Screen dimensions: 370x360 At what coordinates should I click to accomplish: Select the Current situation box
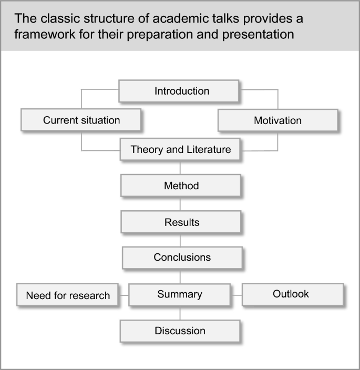(81, 120)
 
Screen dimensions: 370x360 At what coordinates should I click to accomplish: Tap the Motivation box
(277, 120)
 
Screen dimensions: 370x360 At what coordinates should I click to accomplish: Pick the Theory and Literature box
(180, 150)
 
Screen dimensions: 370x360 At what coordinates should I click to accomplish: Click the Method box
(181, 186)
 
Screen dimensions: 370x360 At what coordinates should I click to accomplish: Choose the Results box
(181, 222)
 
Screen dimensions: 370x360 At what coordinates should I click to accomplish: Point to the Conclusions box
(182, 258)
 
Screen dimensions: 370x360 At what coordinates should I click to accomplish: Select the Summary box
(180, 294)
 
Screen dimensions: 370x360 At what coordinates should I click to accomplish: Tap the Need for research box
(67, 295)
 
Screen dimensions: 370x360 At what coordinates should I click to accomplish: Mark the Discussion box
(180, 331)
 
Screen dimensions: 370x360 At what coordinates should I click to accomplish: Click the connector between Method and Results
(181, 204)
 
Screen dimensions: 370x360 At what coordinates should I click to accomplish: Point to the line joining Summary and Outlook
(236, 295)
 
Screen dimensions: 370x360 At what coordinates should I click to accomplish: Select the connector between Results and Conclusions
(181, 240)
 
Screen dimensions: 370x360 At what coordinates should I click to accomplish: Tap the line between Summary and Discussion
(181, 313)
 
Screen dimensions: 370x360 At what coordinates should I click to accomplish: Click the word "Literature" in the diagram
(206, 150)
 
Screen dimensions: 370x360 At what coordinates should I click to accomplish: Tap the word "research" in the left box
(89, 295)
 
